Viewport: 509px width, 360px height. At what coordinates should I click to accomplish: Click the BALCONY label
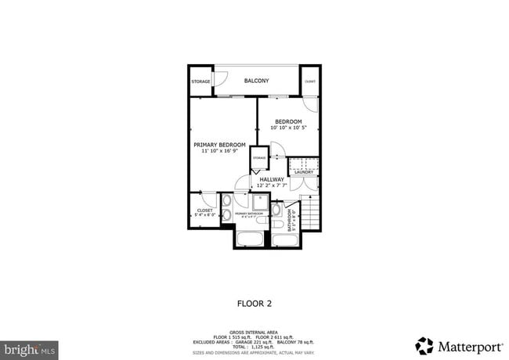(x=256, y=81)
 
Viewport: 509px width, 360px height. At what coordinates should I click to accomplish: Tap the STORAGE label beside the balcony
(x=200, y=81)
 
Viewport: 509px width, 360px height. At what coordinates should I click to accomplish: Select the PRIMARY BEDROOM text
(x=220, y=145)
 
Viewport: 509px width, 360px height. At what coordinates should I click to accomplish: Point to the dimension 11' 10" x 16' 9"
(x=220, y=151)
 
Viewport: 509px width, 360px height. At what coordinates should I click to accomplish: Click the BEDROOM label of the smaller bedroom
(x=288, y=121)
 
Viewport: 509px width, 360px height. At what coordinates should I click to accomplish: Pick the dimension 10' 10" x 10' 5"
(x=288, y=128)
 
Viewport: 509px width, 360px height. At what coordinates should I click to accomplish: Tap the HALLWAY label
(x=272, y=179)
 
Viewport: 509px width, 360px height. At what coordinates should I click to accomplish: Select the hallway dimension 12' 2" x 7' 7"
(x=272, y=185)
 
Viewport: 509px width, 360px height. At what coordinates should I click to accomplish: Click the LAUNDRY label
(x=304, y=171)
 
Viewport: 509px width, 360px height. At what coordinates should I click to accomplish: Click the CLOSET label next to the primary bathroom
(x=204, y=210)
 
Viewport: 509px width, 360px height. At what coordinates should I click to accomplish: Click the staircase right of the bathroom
(x=311, y=214)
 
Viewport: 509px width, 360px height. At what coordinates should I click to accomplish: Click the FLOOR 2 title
(x=254, y=301)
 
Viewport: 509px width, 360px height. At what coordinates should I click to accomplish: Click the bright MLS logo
(x=29, y=347)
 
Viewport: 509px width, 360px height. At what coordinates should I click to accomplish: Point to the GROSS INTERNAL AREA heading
(x=254, y=333)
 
